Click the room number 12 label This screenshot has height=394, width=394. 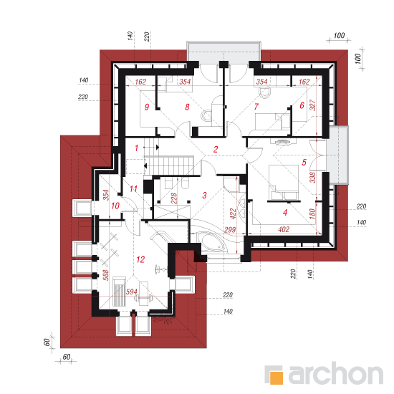click(140, 259)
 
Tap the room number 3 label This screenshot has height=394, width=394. click(205, 195)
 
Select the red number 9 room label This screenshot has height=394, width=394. click(147, 107)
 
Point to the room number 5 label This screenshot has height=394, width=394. click(304, 163)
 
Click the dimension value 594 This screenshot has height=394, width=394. click(131, 292)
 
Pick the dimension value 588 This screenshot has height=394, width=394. click(106, 275)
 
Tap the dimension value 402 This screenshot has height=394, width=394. click(284, 229)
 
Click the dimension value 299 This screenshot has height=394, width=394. click(230, 230)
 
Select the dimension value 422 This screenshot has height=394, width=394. click(233, 213)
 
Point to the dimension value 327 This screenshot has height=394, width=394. click(312, 105)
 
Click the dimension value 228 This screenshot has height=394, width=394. click(174, 198)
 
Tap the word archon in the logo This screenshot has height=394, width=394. click(335, 373)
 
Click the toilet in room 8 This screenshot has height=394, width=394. click(206, 115)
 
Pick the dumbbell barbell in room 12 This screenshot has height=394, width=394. click(143, 298)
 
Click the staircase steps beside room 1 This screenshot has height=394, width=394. click(170, 165)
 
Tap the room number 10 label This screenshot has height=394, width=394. click(115, 206)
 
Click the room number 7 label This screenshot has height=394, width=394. click(256, 107)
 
